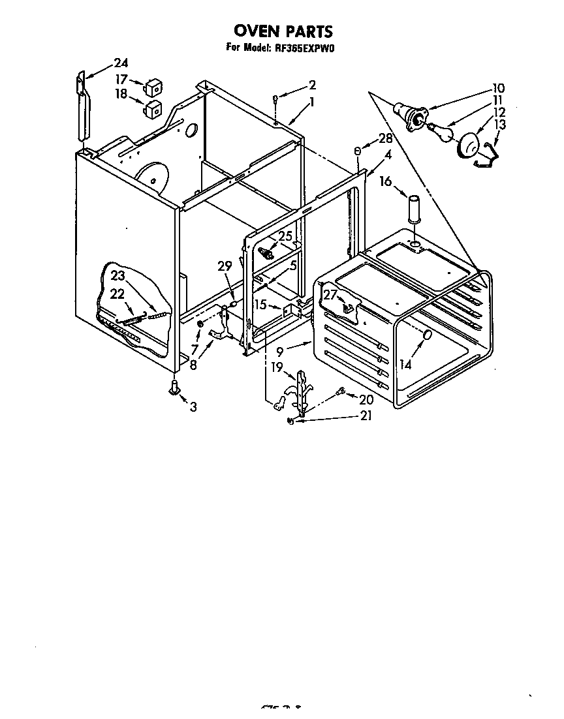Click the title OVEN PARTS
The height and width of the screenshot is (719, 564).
point(283,31)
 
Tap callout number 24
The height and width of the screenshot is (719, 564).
point(120,63)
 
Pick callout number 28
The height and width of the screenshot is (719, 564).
point(385,138)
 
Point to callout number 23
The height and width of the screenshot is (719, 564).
point(117,275)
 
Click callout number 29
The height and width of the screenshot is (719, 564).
point(225,266)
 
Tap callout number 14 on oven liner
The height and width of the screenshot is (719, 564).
point(406,364)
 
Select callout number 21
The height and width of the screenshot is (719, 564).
point(366,416)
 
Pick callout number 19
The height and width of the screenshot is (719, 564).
point(277,368)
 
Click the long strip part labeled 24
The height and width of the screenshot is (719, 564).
point(81,107)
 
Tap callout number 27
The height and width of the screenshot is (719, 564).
point(330,294)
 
